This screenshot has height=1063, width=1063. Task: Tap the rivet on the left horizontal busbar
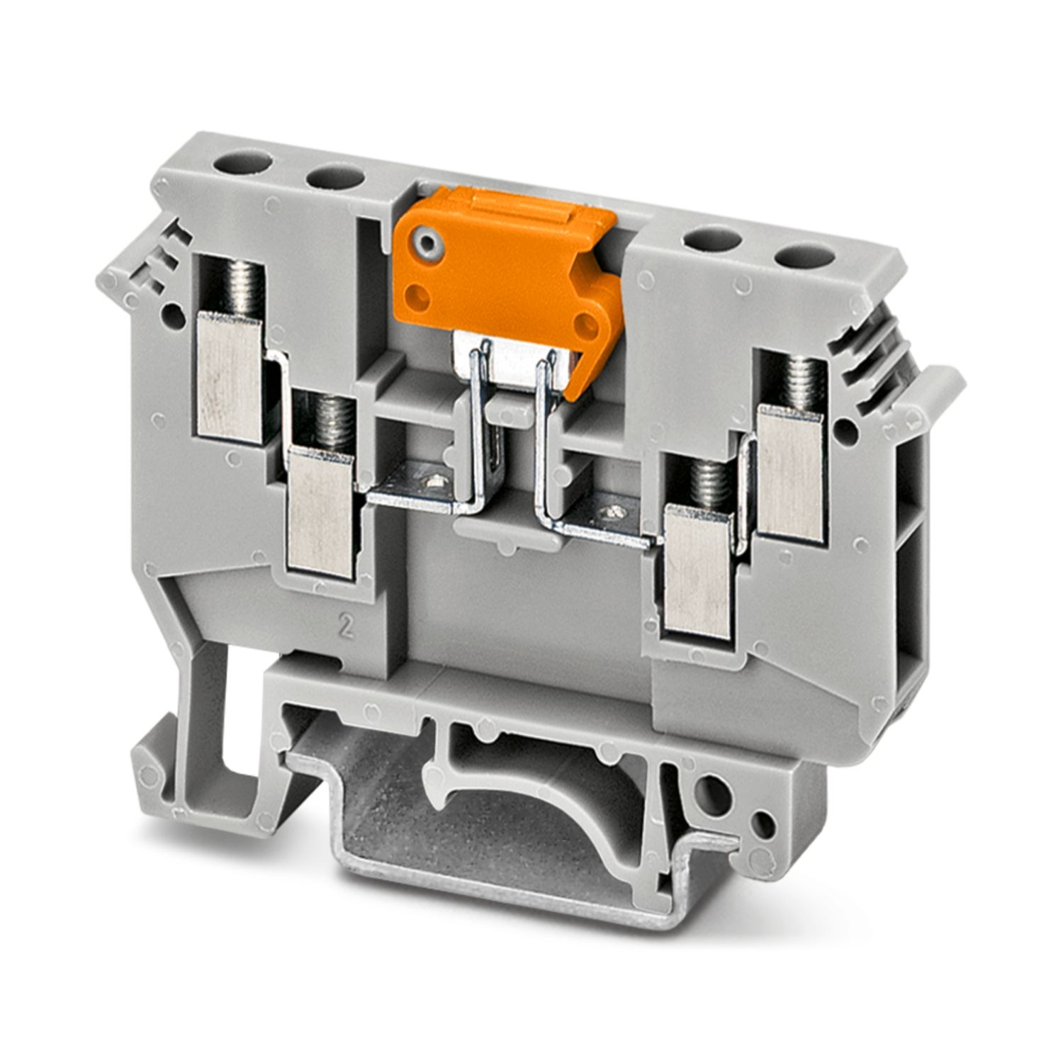click(x=427, y=483)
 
